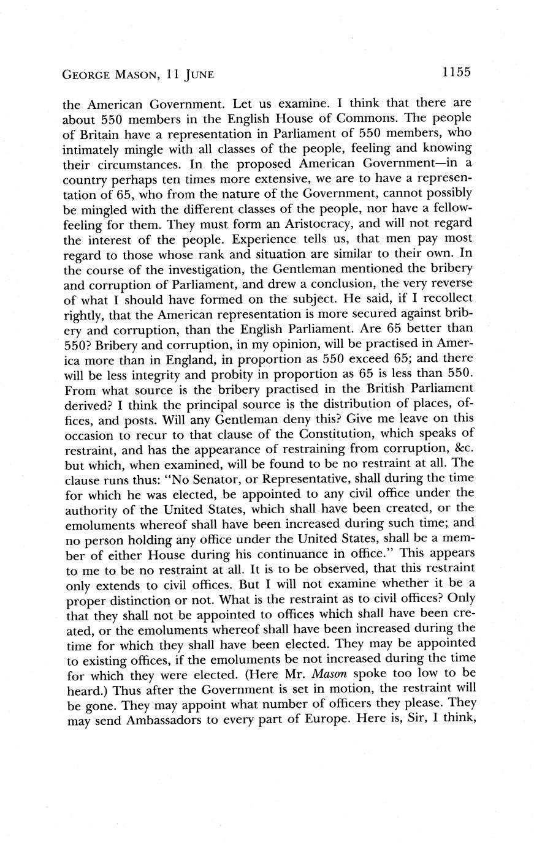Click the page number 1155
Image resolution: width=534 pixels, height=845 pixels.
[x=455, y=72]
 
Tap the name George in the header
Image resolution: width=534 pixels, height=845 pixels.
[x=86, y=75]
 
